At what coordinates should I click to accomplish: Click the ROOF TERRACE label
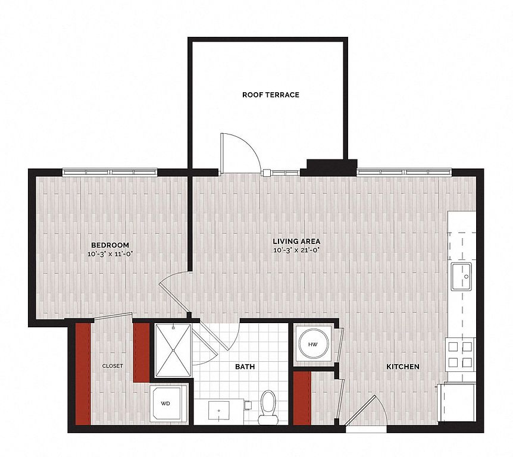271,95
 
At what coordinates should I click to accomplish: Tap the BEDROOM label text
110,245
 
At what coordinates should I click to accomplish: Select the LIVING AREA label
296,242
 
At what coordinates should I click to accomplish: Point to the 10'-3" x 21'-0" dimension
296,251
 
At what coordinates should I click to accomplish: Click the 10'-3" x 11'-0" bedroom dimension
110,254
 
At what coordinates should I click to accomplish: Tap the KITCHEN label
403,367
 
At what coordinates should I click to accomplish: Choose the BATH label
245,367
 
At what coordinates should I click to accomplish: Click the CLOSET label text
112,366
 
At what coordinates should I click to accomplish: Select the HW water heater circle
314,344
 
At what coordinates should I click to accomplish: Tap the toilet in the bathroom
268,408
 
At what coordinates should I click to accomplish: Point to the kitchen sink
461,277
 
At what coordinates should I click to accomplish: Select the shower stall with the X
173,350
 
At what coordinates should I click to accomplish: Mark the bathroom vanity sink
218,411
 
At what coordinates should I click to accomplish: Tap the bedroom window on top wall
110,172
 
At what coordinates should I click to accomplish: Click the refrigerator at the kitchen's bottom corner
456,402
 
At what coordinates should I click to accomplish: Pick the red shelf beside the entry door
302,399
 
